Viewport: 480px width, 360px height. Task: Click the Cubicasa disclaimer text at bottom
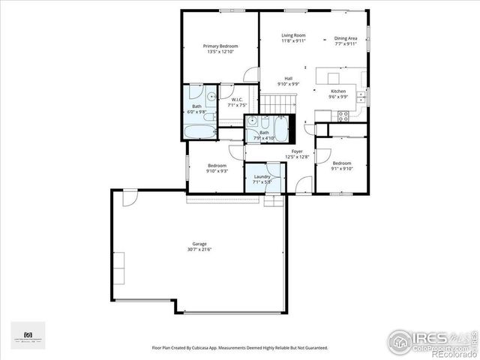pyautogui.click(x=239, y=348)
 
